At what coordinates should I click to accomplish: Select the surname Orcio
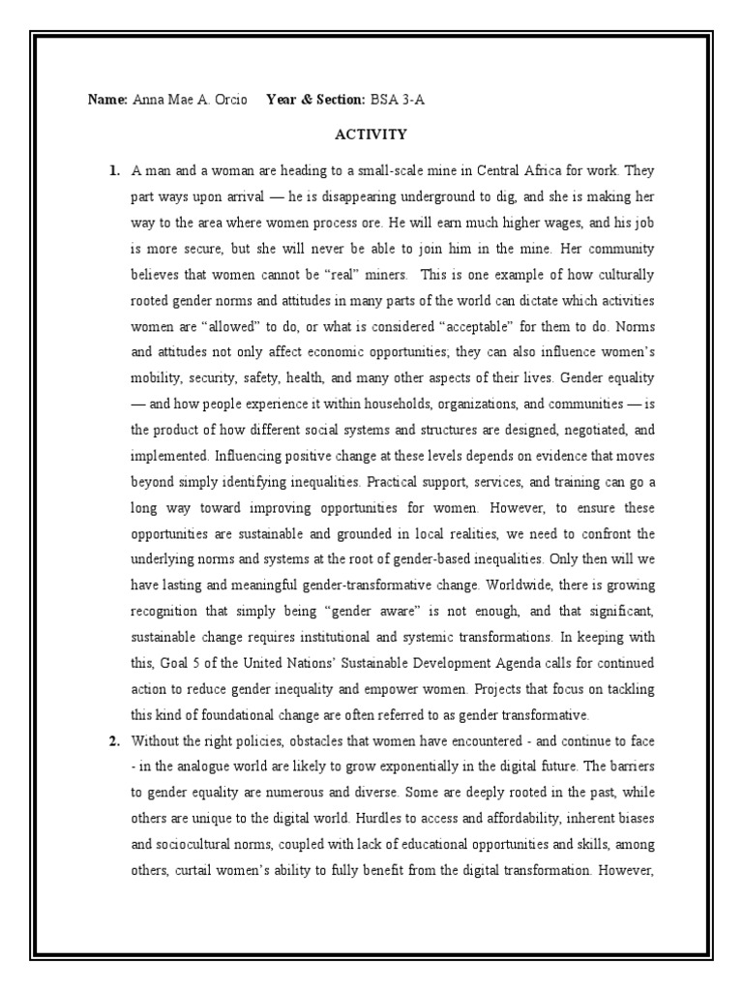(228, 100)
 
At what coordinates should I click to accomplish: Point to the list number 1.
(114, 171)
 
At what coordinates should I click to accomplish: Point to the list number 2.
(114, 741)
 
